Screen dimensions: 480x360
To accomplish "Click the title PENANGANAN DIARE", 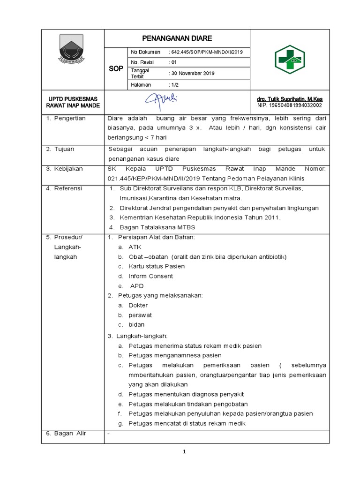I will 177,38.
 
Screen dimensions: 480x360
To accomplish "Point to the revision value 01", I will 172,62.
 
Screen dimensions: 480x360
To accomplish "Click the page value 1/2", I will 173,84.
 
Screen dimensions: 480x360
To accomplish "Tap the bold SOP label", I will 116,68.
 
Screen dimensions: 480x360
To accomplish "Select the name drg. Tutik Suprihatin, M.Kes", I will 289,99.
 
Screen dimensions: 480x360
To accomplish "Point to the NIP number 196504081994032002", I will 289,106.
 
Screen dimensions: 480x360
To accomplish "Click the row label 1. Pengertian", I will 66,118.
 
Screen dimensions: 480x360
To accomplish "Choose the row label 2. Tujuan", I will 60,149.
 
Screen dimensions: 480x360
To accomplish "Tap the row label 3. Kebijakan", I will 65,168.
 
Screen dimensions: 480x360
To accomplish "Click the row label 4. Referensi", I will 64,188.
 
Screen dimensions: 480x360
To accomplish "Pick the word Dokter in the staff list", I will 138,305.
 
